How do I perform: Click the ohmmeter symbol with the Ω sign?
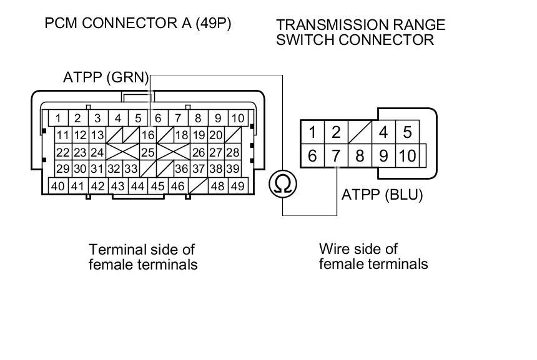tap(283, 184)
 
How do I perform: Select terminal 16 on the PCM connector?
tap(147, 135)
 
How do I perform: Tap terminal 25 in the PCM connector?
tap(147, 152)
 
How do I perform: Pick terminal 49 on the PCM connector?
tap(237, 186)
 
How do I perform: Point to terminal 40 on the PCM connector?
tap(58, 186)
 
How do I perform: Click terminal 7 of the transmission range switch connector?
tap(336, 155)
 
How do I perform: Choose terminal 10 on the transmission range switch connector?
tap(407, 155)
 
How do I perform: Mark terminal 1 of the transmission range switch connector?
tap(312, 132)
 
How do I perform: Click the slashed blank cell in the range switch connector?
tap(360, 132)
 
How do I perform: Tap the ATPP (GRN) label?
tap(106, 78)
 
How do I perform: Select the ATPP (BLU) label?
tap(382, 195)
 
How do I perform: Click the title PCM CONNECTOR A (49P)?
tap(139, 25)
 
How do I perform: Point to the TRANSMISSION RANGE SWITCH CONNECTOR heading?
tap(361, 32)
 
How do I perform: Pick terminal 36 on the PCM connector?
tap(181, 169)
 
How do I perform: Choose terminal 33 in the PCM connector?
tap(130, 169)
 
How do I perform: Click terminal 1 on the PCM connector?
tap(58, 118)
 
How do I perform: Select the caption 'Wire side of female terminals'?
tap(373, 256)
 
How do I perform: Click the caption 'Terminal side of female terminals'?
tap(143, 257)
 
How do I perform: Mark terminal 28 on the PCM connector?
tap(232, 152)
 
